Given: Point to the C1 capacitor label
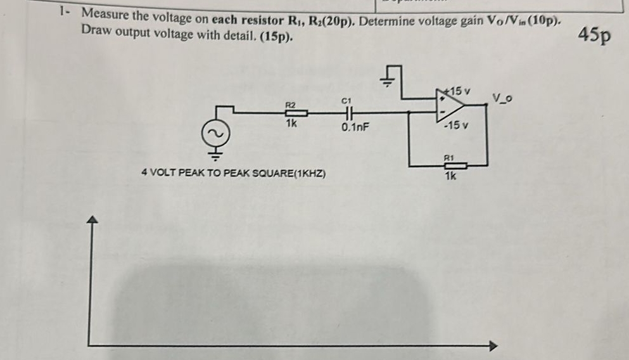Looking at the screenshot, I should tap(346, 100).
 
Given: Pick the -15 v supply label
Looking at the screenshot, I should tap(456, 124).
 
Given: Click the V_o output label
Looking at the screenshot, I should tap(502, 98).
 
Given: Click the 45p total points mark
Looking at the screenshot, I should tap(595, 35).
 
